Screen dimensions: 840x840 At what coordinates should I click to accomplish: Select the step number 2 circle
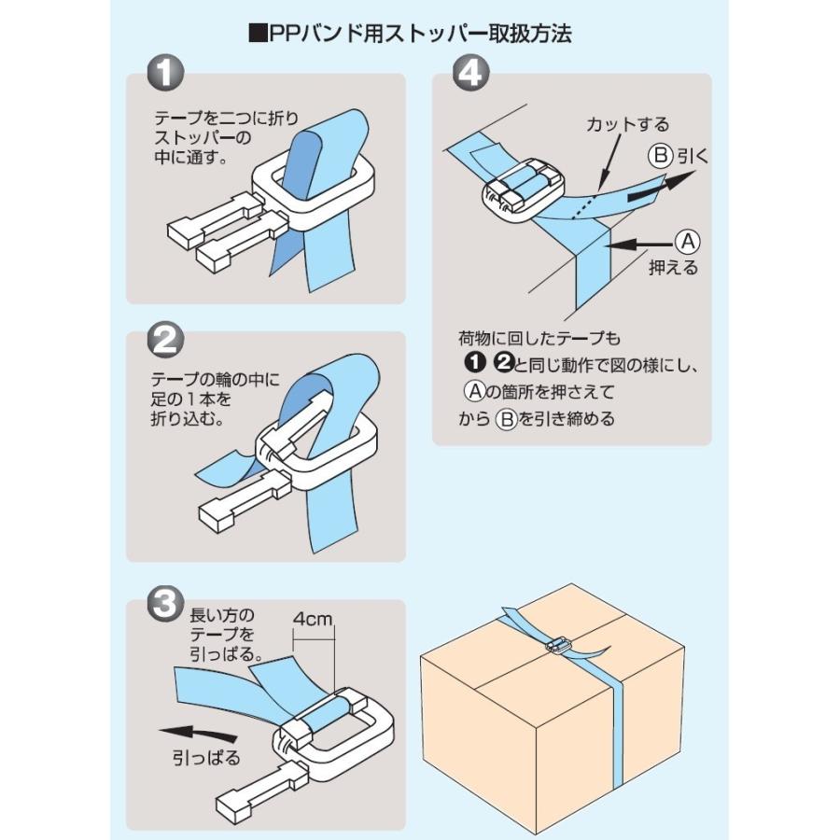pos(166,339)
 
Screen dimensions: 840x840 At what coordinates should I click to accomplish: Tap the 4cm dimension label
pos(312,618)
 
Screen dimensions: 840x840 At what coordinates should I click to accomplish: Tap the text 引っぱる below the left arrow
pos(207,758)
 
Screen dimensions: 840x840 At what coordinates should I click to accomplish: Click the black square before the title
pos(258,35)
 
